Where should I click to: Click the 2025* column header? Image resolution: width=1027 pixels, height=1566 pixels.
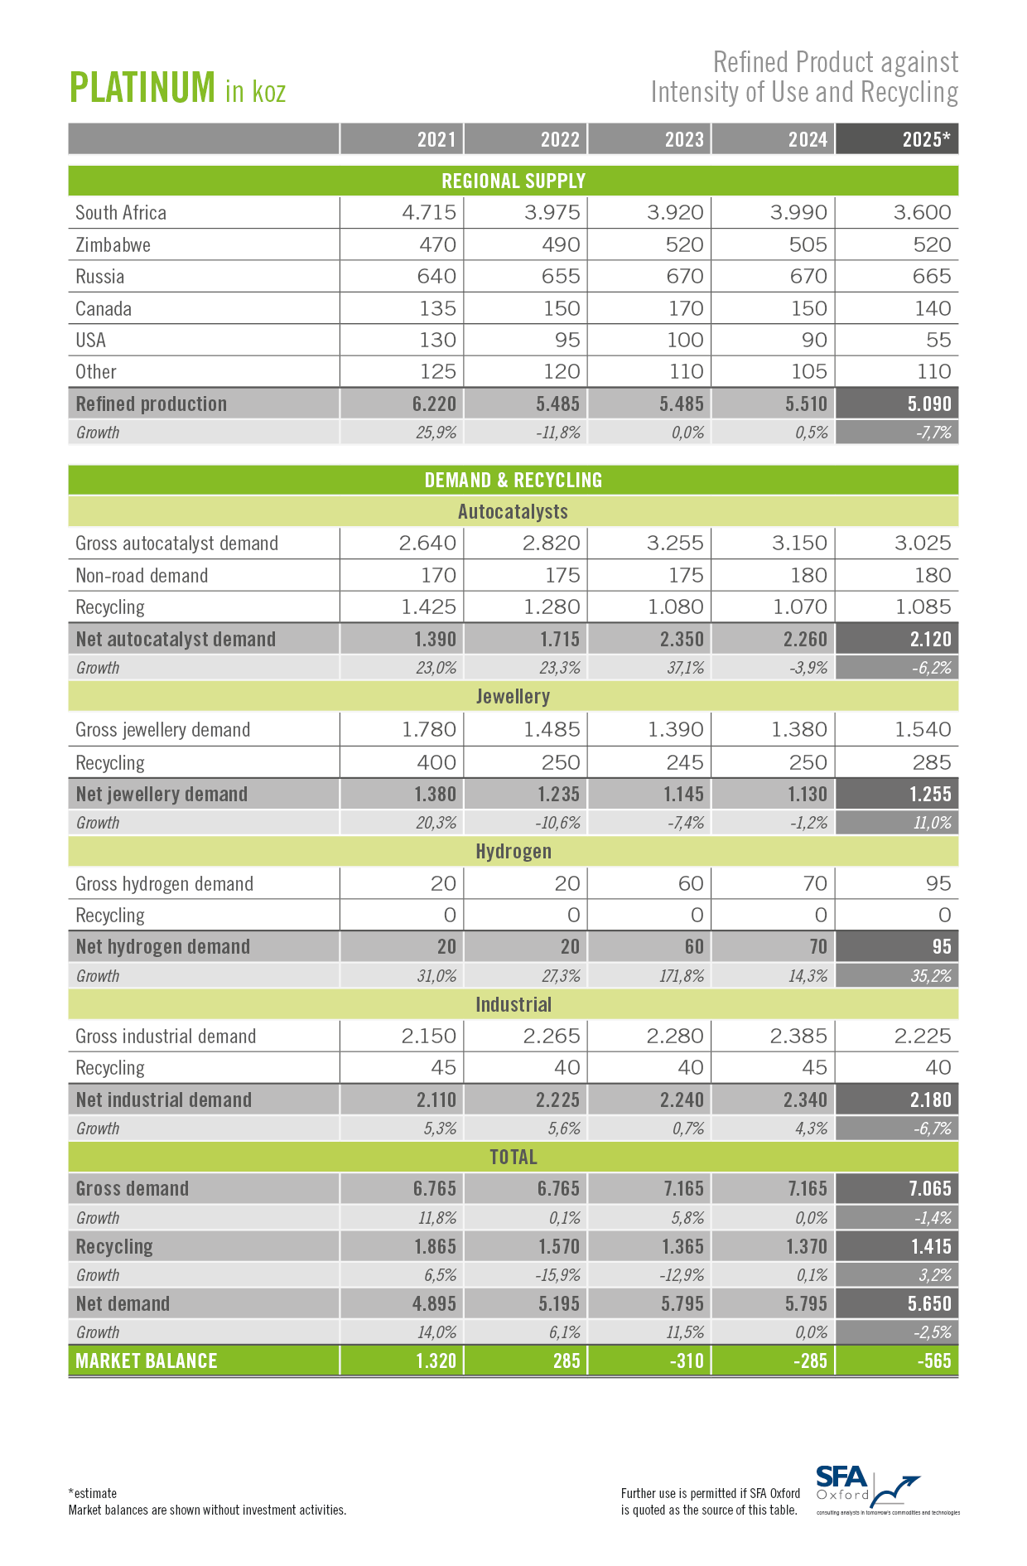[x=925, y=139]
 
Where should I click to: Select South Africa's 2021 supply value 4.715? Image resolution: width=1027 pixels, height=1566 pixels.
[x=429, y=212]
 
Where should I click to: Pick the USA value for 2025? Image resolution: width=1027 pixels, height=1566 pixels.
[x=938, y=340]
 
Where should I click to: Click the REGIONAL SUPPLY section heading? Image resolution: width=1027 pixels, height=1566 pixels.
[x=513, y=181]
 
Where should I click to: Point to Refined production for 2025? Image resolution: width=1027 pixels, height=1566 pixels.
[x=929, y=404]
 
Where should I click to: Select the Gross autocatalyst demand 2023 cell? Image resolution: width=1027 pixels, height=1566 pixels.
[x=675, y=543]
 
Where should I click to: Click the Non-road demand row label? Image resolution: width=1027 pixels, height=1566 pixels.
[x=142, y=575]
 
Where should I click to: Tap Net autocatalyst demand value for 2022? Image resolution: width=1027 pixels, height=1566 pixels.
[x=558, y=639]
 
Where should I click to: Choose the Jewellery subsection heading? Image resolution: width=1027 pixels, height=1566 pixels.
[x=513, y=696]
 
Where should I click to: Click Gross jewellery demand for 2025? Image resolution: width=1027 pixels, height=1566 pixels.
[x=922, y=729]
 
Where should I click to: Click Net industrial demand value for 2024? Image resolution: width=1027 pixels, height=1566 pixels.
[x=805, y=1100]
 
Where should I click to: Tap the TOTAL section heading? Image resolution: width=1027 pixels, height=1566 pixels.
[x=513, y=1157]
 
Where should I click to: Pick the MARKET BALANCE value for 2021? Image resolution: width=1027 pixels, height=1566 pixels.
[x=435, y=1361]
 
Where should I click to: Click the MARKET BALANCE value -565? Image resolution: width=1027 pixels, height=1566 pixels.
[x=933, y=1361]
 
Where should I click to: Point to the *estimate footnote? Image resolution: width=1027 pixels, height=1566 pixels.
[x=93, y=1493]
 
